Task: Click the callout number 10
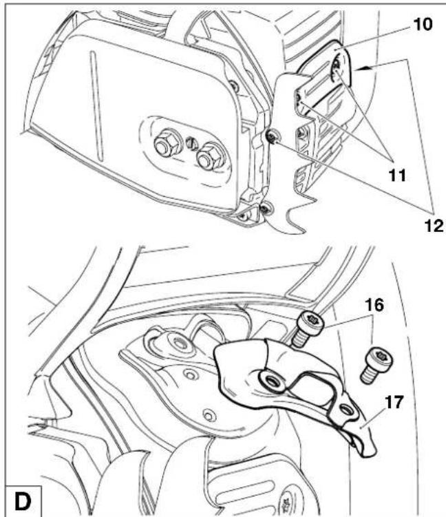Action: [x=422, y=24]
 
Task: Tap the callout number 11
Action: [x=397, y=175]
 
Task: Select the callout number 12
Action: [x=434, y=226]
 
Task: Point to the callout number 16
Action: [x=374, y=305]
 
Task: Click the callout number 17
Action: [x=394, y=402]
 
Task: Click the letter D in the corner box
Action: [x=23, y=501]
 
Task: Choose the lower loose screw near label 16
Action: [x=376, y=364]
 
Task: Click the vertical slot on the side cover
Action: [x=96, y=105]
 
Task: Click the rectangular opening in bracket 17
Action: [x=313, y=388]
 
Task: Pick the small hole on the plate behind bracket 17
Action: [x=209, y=414]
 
